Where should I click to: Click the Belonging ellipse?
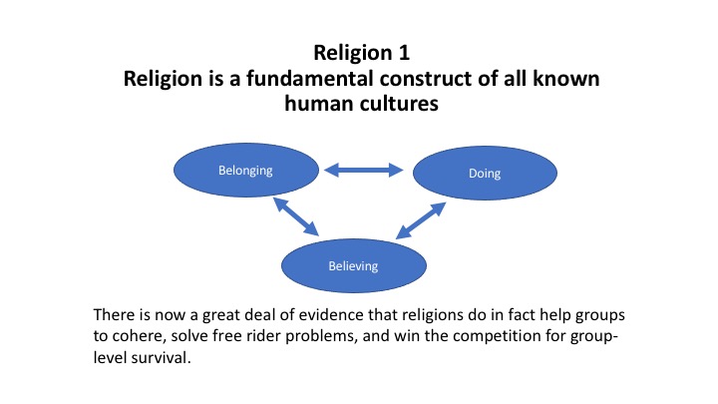coord(246,171)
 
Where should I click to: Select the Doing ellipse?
coord(485,174)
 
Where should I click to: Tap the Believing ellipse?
coord(353,265)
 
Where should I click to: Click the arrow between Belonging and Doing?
coord(364,170)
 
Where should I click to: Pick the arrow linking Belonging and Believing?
coord(296,216)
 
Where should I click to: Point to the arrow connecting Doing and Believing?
coord(421,220)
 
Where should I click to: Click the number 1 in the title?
coord(404,53)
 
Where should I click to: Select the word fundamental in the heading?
coord(310,79)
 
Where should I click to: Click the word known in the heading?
coord(566,79)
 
